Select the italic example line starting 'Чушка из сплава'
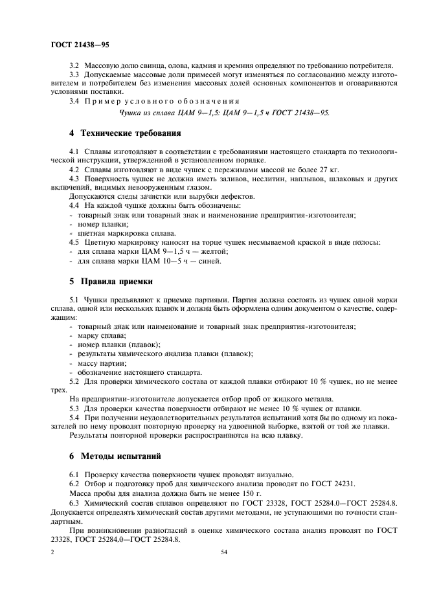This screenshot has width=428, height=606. [225, 112]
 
